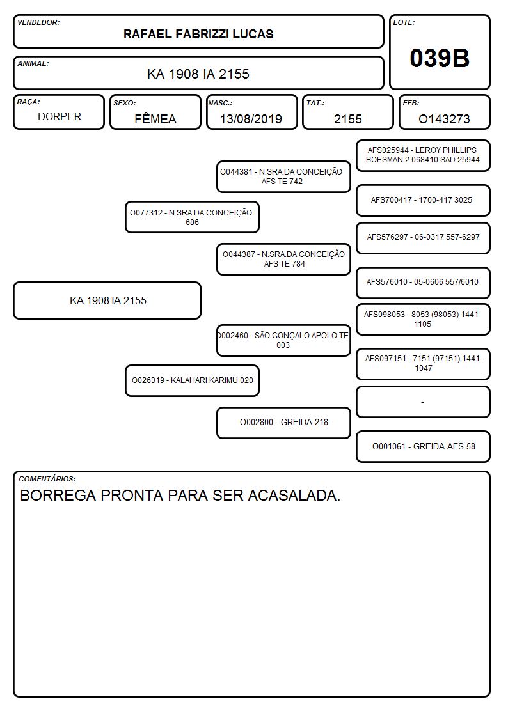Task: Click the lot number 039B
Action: pyautogui.click(x=440, y=58)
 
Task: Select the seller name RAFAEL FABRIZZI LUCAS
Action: pyautogui.click(x=198, y=34)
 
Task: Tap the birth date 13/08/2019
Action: pyautogui.click(x=251, y=119)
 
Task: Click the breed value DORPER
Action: pyautogui.click(x=60, y=117)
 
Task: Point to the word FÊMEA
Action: pyautogui.click(x=155, y=118)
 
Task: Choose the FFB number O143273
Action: pyautogui.click(x=444, y=119)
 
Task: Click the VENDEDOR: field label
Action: pyautogui.click(x=38, y=22)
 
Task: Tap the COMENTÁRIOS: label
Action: pyautogui.click(x=47, y=479)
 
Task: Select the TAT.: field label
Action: pyautogui.click(x=315, y=103)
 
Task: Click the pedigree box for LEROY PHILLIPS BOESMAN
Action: pyautogui.click(x=423, y=156)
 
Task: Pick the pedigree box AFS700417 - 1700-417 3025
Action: pyautogui.click(x=423, y=200)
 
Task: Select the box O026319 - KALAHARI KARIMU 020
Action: pyautogui.click(x=193, y=380)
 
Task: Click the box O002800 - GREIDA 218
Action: pyautogui.click(x=283, y=423)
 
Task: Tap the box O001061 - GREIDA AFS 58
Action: pyautogui.click(x=423, y=446)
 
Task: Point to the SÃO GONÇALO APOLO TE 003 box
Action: pyautogui.click(x=283, y=340)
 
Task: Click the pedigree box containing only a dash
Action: pyautogui.click(x=423, y=402)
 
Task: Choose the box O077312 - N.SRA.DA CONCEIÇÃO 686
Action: pyautogui.click(x=193, y=217)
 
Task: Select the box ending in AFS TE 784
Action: pyautogui.click(x=283, y=259)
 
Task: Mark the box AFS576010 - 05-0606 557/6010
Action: pyautogui.click(x=423, y=283)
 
